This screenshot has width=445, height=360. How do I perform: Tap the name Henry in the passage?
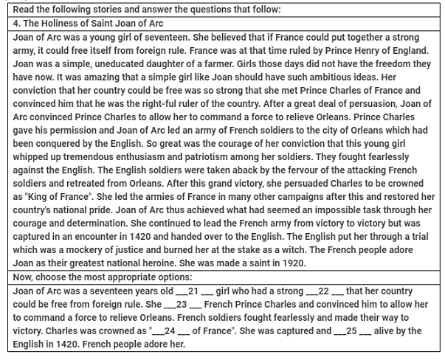(353, 49)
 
